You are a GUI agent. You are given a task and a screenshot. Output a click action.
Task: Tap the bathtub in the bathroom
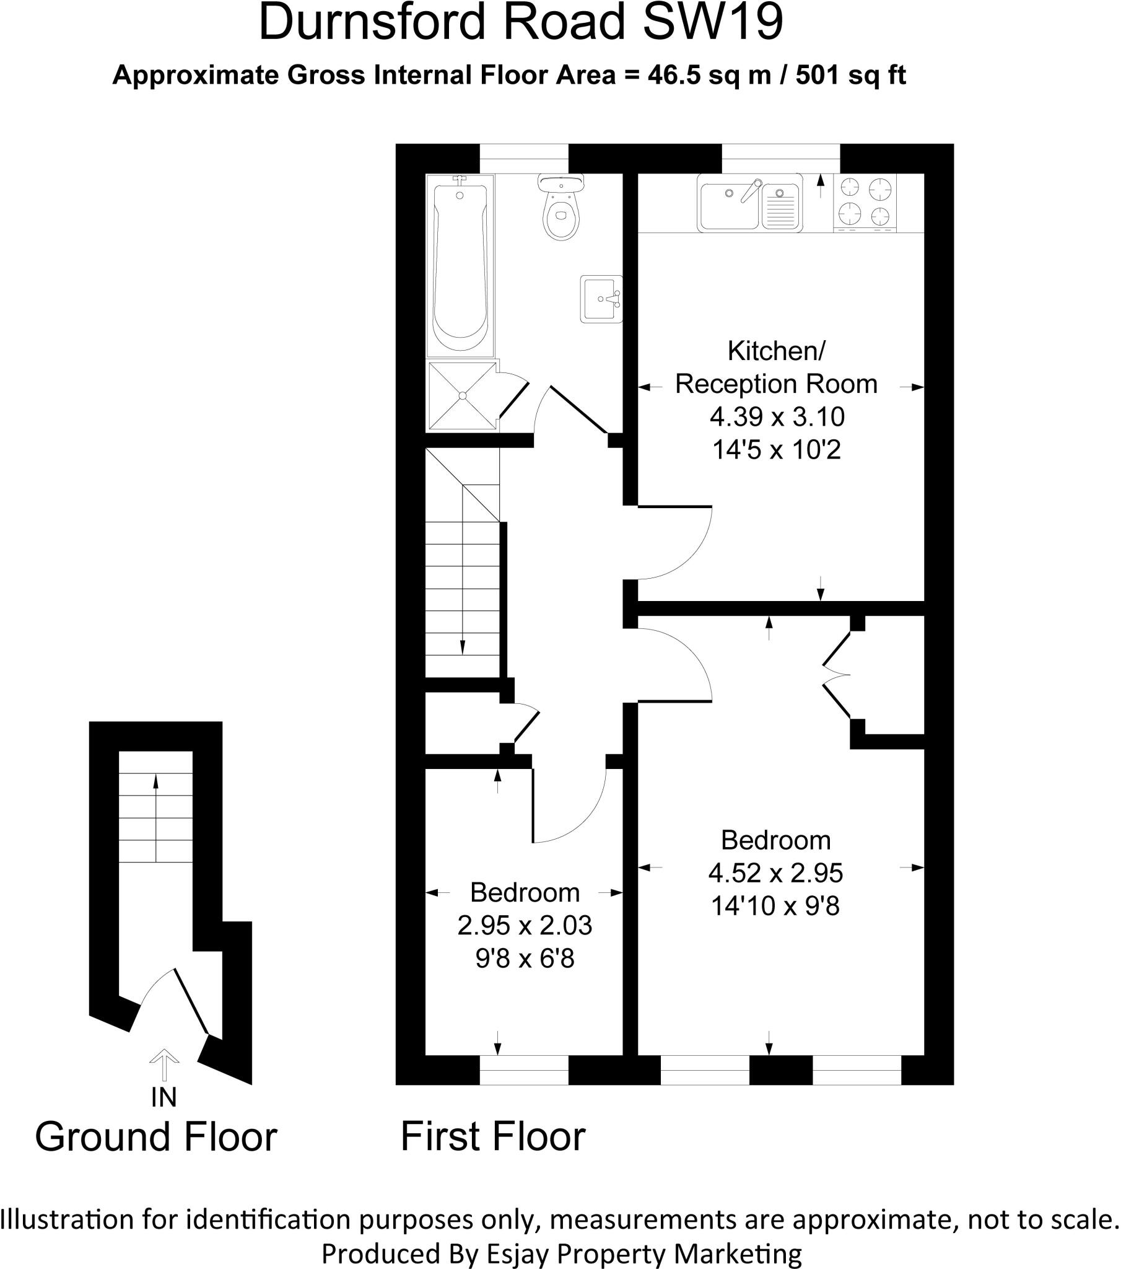pos(460,264)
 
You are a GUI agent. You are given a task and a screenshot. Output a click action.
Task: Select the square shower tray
pos(463,395)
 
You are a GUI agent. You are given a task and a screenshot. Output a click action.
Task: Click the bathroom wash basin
pos(600,299)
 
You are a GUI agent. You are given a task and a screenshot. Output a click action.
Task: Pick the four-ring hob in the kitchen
pos(865,201)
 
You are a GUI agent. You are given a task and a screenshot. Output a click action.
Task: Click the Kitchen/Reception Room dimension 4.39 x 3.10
pos(777,417)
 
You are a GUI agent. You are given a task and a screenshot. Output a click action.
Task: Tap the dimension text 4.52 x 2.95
pos(775,874)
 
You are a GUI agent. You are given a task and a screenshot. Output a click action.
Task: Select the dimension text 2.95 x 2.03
pos(525,926)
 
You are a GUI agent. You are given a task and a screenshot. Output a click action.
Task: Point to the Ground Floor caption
pos(156,1138)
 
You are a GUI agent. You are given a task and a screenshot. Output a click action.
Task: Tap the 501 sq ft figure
pos(850,75)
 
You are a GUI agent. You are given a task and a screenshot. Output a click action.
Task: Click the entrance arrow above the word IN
pos(164,1065)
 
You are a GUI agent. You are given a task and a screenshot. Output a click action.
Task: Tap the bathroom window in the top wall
pos(524,158)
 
